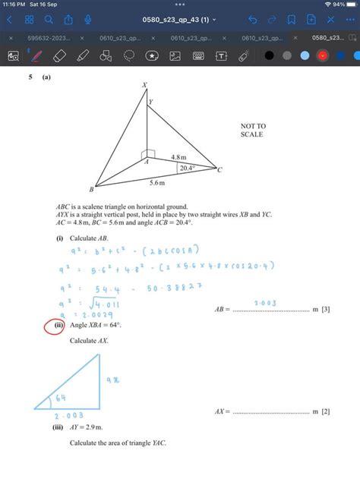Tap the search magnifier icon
coord(49,20)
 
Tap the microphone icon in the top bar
coord(88,20)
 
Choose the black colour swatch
coord(269,55)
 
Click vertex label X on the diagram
coord(144,86)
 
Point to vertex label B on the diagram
coord(91,188)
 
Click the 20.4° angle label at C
coord(185,169)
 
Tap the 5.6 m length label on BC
coord(157,183)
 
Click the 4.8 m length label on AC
coord(178,157)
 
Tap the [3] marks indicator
coord(325,310)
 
